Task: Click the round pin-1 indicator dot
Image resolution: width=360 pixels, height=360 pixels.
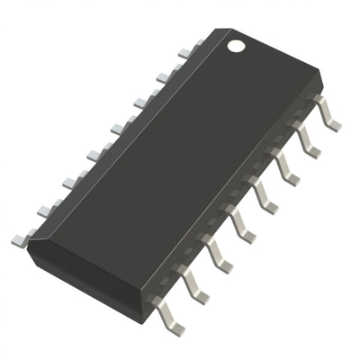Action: click(236, 43)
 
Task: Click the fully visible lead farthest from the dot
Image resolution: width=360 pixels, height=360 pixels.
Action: click(168, 316)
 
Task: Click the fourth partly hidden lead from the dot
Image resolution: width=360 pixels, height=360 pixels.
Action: click(116, 128)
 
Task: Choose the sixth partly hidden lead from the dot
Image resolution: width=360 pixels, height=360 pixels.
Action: click(69, 182)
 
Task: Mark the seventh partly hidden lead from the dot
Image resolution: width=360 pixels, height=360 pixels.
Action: click(44, 210)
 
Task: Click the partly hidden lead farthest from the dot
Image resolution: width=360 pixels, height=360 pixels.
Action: click(20, 239)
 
